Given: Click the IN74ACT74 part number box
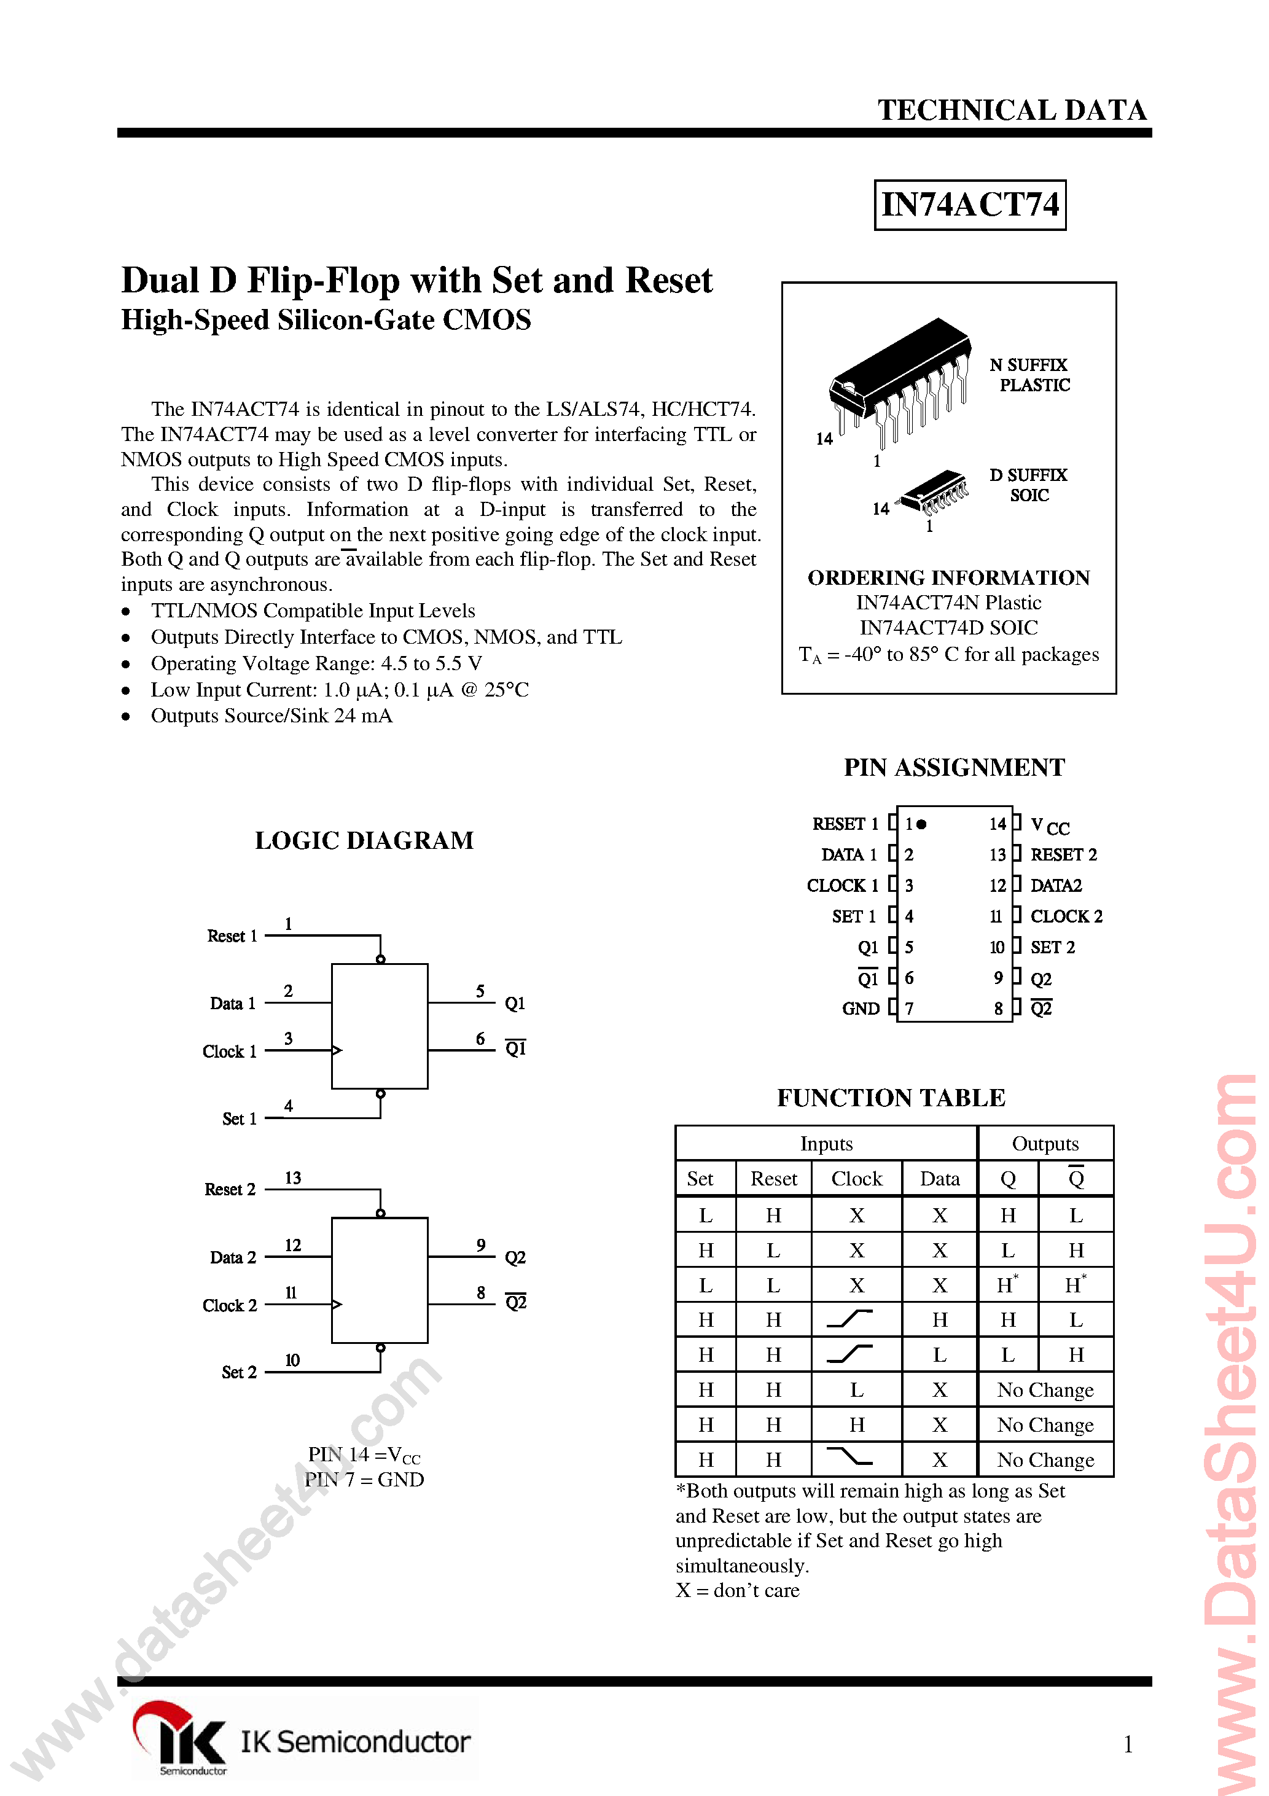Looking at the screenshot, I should [x=969, y=205].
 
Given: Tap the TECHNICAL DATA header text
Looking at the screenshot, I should [x=1012, y=111].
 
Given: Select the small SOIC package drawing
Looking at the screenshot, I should [x=934, y=491].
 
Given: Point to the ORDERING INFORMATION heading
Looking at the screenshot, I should [x=948, y=577].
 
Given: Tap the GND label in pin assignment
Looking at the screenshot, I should [x=861, y=1009].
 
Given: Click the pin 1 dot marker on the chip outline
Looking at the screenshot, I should [x=921, y=824].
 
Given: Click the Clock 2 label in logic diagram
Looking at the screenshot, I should [x=229, y=1306].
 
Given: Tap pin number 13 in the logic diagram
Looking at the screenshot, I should [x=292, y=1178].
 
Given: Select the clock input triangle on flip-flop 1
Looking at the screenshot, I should [x=337, y=1050].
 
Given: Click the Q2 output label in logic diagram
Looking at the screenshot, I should [x=515, y=1258].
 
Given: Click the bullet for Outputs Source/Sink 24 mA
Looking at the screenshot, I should [x=126, y=717].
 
